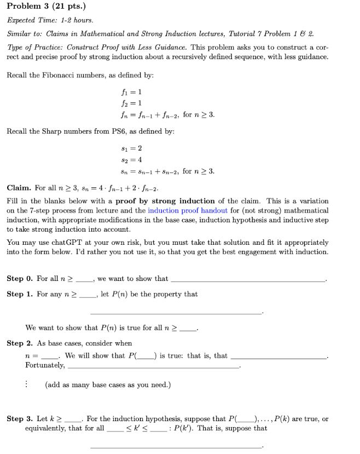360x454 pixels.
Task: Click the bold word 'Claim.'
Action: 19,188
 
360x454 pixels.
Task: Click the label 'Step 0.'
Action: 20,279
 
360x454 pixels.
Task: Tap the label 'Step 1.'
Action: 20,294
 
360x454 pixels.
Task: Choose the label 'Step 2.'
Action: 20,343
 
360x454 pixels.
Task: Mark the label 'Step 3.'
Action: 20,419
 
